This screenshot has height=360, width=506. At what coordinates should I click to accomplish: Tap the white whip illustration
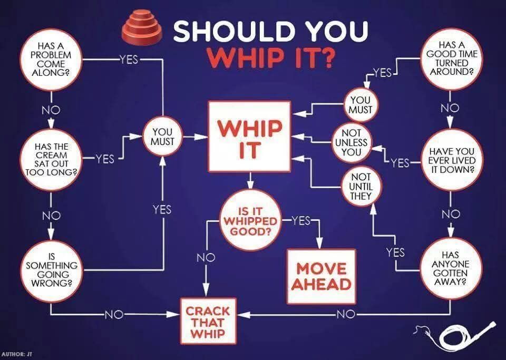coord(455,336)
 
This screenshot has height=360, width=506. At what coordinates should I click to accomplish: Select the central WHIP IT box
coord(249,137)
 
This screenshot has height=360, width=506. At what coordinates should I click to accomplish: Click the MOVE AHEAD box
coord(322,276)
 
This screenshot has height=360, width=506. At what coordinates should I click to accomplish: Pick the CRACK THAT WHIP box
coord(208,322)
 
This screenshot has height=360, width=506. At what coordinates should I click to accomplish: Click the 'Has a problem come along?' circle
coord(51,60)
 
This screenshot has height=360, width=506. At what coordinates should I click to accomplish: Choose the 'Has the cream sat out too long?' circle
coord(51,159)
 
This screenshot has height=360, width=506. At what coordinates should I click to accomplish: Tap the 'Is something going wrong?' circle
coord(51,270)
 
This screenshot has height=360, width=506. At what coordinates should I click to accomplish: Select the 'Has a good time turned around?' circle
coord(451,59)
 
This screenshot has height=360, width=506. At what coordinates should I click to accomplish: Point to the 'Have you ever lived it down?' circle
coord(452,160)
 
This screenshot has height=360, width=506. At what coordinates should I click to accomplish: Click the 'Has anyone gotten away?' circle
coord(451,268)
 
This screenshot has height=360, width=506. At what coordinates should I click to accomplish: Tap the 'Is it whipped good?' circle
coord(250,221)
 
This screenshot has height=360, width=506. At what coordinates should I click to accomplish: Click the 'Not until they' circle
coord(361,187)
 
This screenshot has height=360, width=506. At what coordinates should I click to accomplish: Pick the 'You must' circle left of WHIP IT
coord(163,137)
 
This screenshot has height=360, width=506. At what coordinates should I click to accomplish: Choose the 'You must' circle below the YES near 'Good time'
coord(361,105)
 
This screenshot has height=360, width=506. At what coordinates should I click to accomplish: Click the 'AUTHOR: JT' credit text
coord(17,354)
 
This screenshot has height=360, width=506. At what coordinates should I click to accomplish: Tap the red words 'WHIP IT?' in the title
coord(270,57)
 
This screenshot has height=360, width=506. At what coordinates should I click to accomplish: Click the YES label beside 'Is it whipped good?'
coord(301,221)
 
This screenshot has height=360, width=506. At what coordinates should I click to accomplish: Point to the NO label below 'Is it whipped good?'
coord(206,257)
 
